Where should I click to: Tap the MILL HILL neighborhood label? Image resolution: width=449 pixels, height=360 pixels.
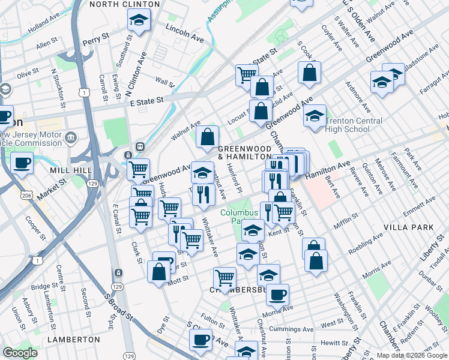click(x=71, y=170)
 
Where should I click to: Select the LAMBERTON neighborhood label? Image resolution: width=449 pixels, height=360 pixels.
click(x=74, y=339)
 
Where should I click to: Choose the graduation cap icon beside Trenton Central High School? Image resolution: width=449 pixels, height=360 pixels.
click(x=314, y=116)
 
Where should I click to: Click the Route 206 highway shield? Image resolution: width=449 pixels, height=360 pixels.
click(x=28, y=196)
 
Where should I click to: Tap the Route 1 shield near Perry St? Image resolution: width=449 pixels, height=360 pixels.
click(x=86, y=92)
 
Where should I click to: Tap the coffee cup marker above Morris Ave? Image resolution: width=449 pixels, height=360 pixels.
click(x=277, y=295)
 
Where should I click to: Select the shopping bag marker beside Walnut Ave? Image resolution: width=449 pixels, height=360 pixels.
click(x=206, y=136)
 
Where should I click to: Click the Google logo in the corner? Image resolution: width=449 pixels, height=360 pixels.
click(x=20, y=353)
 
